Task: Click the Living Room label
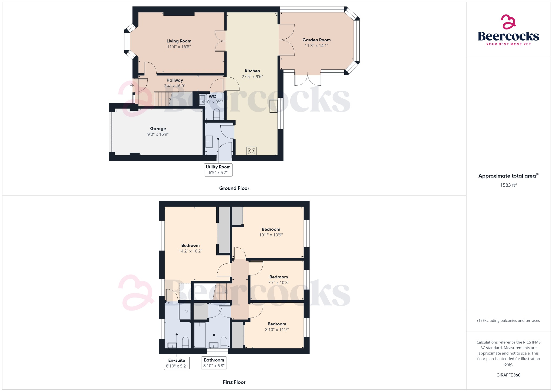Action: (x=179, y=41)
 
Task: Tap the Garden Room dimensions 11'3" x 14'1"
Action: (x=316, y=46)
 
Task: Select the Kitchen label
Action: (x=252, y=71)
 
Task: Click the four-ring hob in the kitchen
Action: (x=251, y=151)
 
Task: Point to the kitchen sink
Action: (x=273, y=106)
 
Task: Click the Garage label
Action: (x=158, y=129)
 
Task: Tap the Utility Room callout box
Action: (x=218, y=170)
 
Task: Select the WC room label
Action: (x=212, y=96)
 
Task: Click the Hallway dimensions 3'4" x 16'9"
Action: (x=175, y=86)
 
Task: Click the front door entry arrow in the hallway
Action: (x=132, y=86)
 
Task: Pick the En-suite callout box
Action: (x=177, y=363)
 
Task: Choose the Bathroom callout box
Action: (x=214, y=363)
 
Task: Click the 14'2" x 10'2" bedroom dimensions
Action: (x=190, y=251)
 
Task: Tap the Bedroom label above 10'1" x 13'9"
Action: (x=271, y=229)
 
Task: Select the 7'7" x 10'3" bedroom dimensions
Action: (x=278, y=283)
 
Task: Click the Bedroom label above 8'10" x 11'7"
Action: (x=277, y=324)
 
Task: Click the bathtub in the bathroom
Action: (x=200, y=335)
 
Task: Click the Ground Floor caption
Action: (x=234, y=188)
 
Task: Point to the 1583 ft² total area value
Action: (x=508, y=185)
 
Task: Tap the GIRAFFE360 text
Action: (x=508, y=375)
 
